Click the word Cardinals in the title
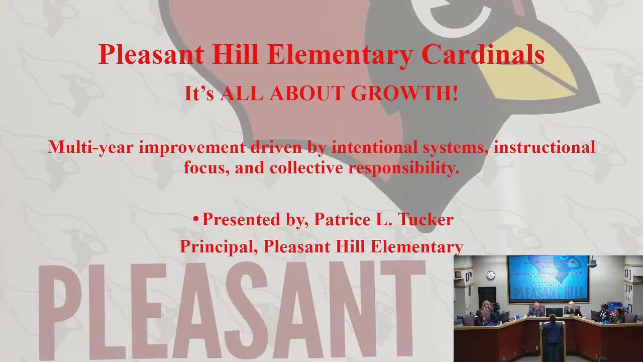click(483, 54)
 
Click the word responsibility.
click(404, 167)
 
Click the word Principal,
click(219, 246)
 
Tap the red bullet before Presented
click(196, 219)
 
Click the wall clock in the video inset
click(491, 275)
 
